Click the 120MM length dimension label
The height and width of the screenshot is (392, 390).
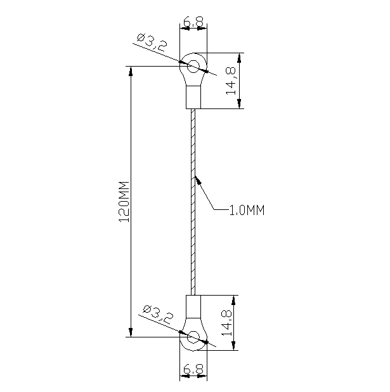pos(124,202)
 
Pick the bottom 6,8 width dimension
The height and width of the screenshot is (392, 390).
pos(193,369)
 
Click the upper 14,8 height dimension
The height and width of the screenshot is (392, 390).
pos(232,81)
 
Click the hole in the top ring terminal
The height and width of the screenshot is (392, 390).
pos(193,64)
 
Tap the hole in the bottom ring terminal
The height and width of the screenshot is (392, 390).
pos(193,337)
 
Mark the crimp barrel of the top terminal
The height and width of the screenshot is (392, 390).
pos(193,97)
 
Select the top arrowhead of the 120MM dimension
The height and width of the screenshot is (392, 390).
pos(131,70)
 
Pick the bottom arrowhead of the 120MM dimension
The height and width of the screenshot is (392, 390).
pos(131,332)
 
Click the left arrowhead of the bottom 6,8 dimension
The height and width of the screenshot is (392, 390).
pos(183,377)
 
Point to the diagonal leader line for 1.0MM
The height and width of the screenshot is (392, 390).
pos(207,195)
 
